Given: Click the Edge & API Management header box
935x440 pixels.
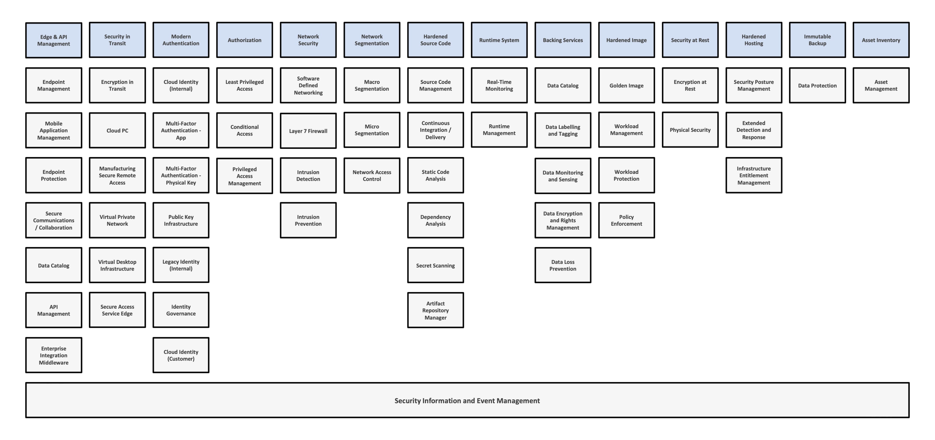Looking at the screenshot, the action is [54, 40].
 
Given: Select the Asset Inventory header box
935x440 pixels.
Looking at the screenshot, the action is [881, 40].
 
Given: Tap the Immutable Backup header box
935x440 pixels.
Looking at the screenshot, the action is [817, 40].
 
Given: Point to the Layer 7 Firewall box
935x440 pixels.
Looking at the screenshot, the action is [308, 131].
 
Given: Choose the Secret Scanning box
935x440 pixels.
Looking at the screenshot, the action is [435, 265].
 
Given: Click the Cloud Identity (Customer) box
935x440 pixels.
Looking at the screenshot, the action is [181, 355].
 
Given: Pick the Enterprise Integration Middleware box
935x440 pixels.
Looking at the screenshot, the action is [54, 355].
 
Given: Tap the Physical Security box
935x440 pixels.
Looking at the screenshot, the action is [690, 130].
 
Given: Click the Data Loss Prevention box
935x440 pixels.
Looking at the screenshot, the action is [563, 265].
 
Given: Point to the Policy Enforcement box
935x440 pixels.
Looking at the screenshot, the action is [626, 220].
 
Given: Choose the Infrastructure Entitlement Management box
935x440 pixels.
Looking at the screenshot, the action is [754, 175].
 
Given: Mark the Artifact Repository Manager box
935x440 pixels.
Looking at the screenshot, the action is [435, 310].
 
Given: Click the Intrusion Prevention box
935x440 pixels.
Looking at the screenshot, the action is [308, 220].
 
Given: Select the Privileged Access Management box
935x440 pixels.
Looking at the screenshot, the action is [245, 176].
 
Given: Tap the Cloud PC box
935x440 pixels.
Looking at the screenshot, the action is [117, 130].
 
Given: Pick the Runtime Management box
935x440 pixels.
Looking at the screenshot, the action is [499, 129].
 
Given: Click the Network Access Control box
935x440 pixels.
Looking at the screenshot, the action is [372, 175].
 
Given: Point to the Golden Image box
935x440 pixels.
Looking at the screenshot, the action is [626, 85].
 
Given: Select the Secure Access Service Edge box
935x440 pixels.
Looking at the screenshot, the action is [117, 310].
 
